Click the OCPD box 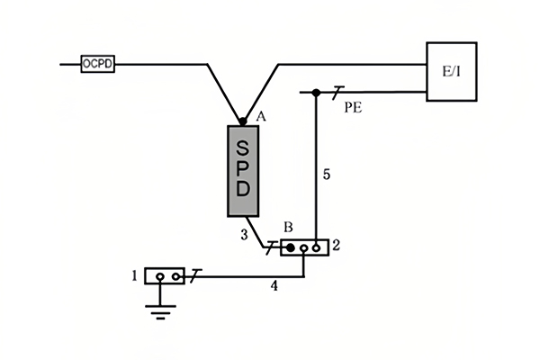(97, 64)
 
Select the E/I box (451, 71)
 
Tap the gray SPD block (242, 170)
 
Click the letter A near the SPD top (262, 116)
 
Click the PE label (354, 107)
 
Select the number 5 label (327, 175)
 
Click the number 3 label (244, 235)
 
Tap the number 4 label (273, 287)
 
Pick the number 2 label (337, 245)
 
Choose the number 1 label (134, 275)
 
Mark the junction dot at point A (242, 121)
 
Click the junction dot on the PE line (315, 93)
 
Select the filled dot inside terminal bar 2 (291, 247)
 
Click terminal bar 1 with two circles (164, 275)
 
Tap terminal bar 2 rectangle (304, 247)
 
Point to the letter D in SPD (242, 191)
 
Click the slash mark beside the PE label (337, 92)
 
